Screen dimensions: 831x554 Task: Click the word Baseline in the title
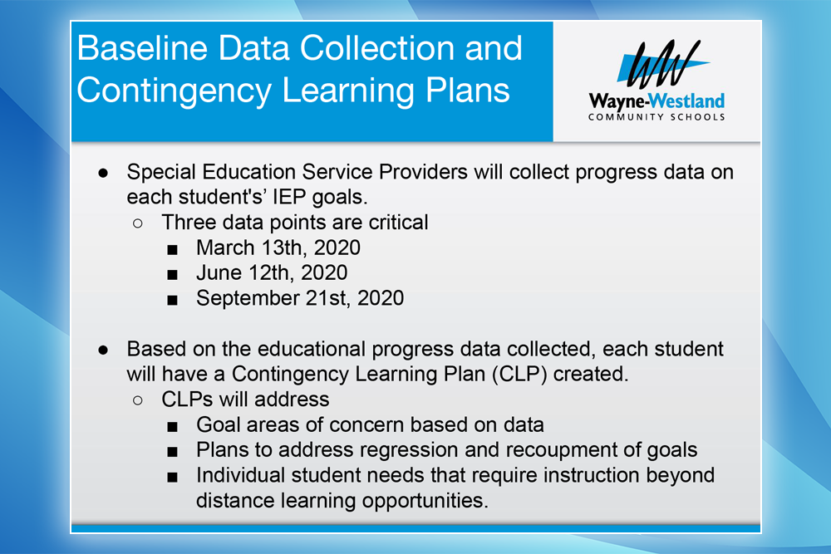point(143,48)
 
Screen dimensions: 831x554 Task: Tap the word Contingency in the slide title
point(175,91)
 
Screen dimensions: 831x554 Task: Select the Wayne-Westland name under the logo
point(656,101)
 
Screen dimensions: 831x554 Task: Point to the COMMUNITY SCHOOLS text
point(656,117)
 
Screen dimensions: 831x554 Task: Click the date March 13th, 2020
point(278,248)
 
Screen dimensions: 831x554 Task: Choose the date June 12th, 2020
point(272,272)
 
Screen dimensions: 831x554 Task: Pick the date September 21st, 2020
point(300,298)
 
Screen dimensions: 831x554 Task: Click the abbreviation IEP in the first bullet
point(289,197)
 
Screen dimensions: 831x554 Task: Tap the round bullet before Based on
point(103,350)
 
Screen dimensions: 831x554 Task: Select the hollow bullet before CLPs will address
point(138,400)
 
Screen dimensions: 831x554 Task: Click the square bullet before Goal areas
point(172,426)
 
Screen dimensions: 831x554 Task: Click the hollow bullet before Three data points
point(138,223)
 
